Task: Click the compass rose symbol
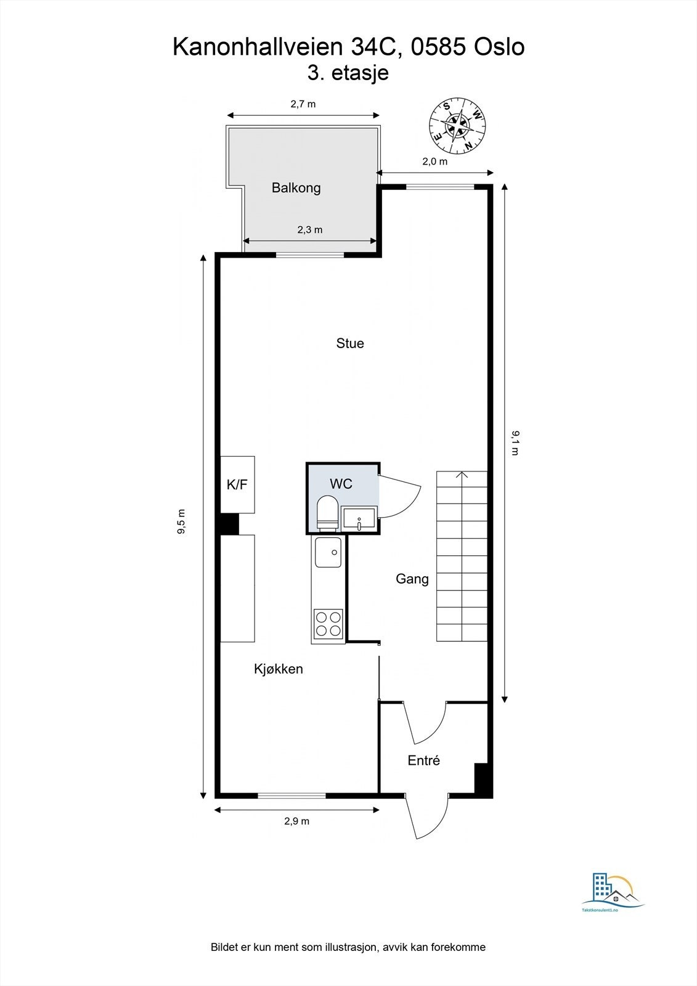click(x=457, y=126)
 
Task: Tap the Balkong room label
click(x=296, y=188)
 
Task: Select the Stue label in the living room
click(x=350, y=343)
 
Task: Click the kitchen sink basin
click(x=328, y=552)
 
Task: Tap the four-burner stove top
click(x=328, y=622)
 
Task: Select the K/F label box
click(x=237, y=484)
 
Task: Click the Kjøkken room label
click(x=279, y=669)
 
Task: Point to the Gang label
click(x=412, y=579)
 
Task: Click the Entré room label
click(x=424, y=760)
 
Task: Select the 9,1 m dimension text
click(x=515, y=442)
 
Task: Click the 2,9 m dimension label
click(x=296, y=821)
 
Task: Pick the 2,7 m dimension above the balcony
click(x=303, y=104)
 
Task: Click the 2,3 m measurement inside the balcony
click(x=310, y=230)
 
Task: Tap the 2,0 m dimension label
click(x=434, y=161)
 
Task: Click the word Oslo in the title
click(x=499, y=47)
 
